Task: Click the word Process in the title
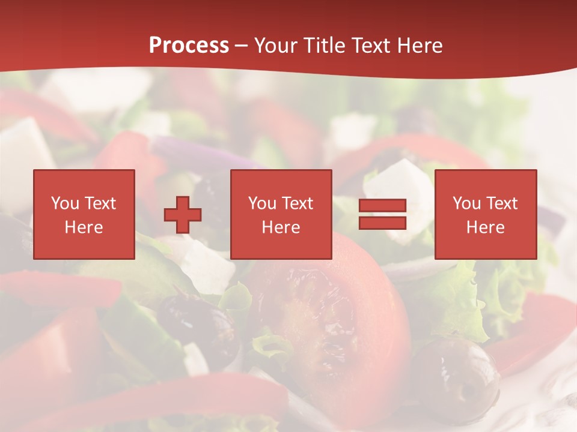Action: click(x=189, y=46)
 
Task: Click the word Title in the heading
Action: click(x=325, y=46)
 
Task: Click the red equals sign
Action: click(x=383, y=214)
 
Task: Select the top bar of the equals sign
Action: click(x=383, y=206)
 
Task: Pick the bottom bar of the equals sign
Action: click(x=383, y=223)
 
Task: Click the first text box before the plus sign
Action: click(x=84, y=214)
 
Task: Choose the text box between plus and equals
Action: click(x=281, y=214)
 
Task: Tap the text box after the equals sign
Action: click(x=486, y=214)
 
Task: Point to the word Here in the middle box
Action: click(x=281, y=227)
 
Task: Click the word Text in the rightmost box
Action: click(x=502, y=203)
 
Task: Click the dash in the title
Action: click(x=241, y=46)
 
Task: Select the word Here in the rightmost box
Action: click(x=486, y=227)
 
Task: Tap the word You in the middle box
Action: click(x=262, y=203)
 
